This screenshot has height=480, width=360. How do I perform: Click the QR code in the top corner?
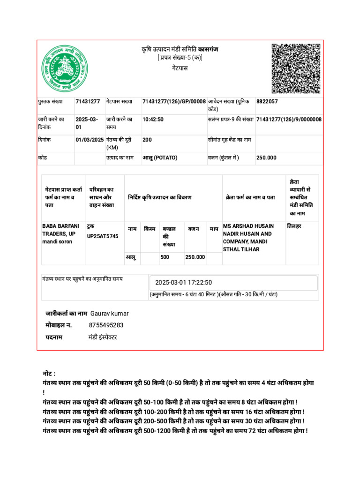click(296, 68)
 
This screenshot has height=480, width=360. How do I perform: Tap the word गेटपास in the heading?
click(180, 68)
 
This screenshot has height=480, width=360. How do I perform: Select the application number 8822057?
click(267, 101)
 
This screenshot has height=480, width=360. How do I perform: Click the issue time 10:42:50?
click(153, 120)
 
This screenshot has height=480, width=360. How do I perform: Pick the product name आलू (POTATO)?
click(160, 158)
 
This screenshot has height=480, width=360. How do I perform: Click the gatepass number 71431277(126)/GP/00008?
click(174, 101)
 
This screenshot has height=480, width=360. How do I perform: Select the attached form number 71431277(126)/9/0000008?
click(289, 120)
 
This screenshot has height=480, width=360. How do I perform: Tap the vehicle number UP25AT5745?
click(103, 236)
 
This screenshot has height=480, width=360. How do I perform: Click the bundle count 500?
click(165, 257)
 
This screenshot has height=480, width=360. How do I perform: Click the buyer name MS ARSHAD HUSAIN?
click(248, 226)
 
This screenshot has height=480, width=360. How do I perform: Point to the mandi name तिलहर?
click(294, 226)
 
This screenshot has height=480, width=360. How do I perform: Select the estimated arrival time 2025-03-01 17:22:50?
click(184, 283)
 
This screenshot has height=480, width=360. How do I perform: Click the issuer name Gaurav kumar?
click(109, 313)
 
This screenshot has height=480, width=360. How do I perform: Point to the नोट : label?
click(49, 374)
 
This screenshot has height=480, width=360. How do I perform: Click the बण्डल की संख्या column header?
click(169, 236)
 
